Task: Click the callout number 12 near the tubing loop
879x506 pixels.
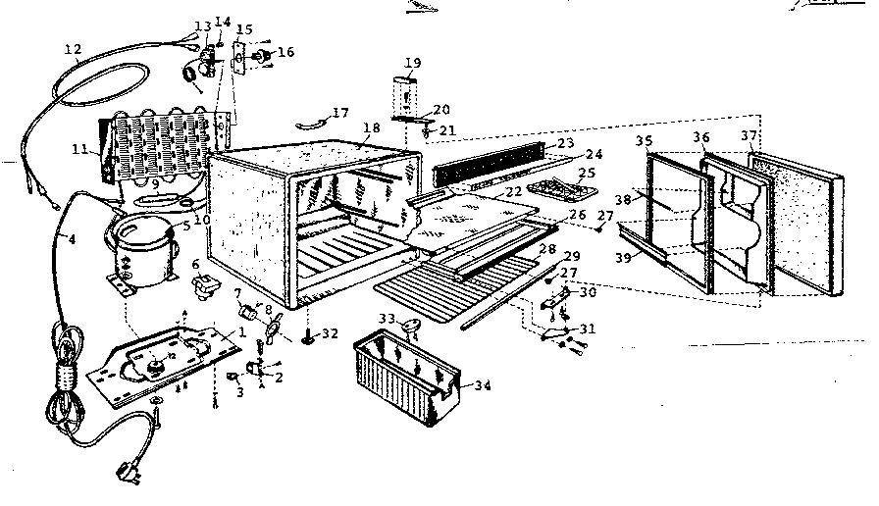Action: (x=73, y=49)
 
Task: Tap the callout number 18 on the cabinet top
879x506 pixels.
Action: (x=371, y=128)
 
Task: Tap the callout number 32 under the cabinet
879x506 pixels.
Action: (x=330, y=333)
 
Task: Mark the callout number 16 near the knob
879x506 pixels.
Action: (x=285, y=52)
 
